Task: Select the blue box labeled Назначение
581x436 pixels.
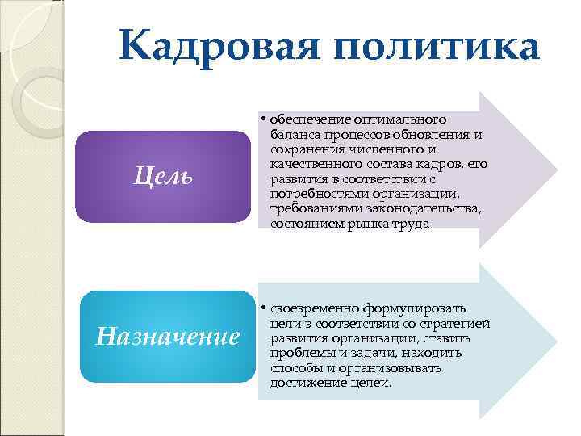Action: click(x=168, y=336)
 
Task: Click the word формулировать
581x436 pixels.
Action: click(x=425, y=308)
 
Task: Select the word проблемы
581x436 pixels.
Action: click(x=295, y=353)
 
